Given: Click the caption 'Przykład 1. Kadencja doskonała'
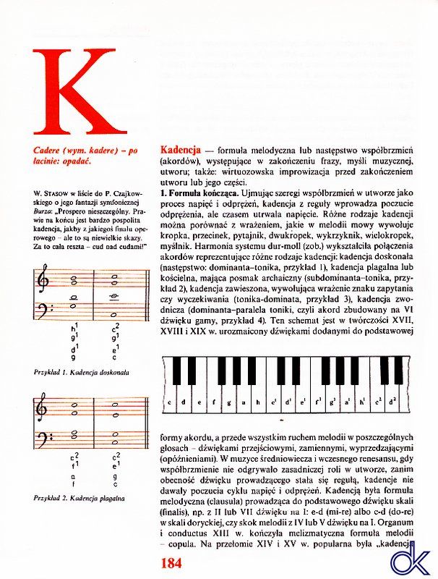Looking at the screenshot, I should tap(81, 372).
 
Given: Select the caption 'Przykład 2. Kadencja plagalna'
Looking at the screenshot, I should tap(80, 498).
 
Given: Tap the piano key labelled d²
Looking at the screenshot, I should tap(391, 402).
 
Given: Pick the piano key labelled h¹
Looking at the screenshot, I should tap(361, 402).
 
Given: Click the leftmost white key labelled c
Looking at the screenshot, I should tap(169, 402).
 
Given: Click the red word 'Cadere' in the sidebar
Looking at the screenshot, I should tap(49, 150).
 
